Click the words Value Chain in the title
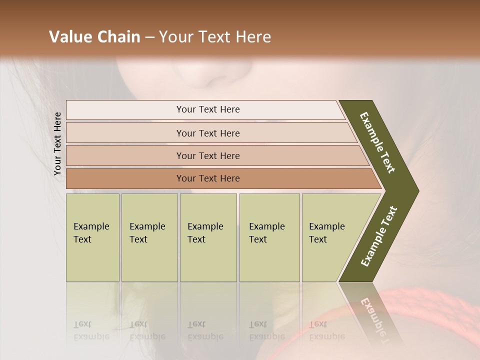94,37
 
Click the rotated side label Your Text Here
57,143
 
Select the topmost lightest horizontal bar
150,109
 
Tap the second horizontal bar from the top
150,133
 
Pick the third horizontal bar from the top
150,155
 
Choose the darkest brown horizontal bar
150,178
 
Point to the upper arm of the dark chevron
377,142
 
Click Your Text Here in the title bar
215,37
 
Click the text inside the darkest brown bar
208,178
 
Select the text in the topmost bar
208,109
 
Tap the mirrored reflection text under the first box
91,330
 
